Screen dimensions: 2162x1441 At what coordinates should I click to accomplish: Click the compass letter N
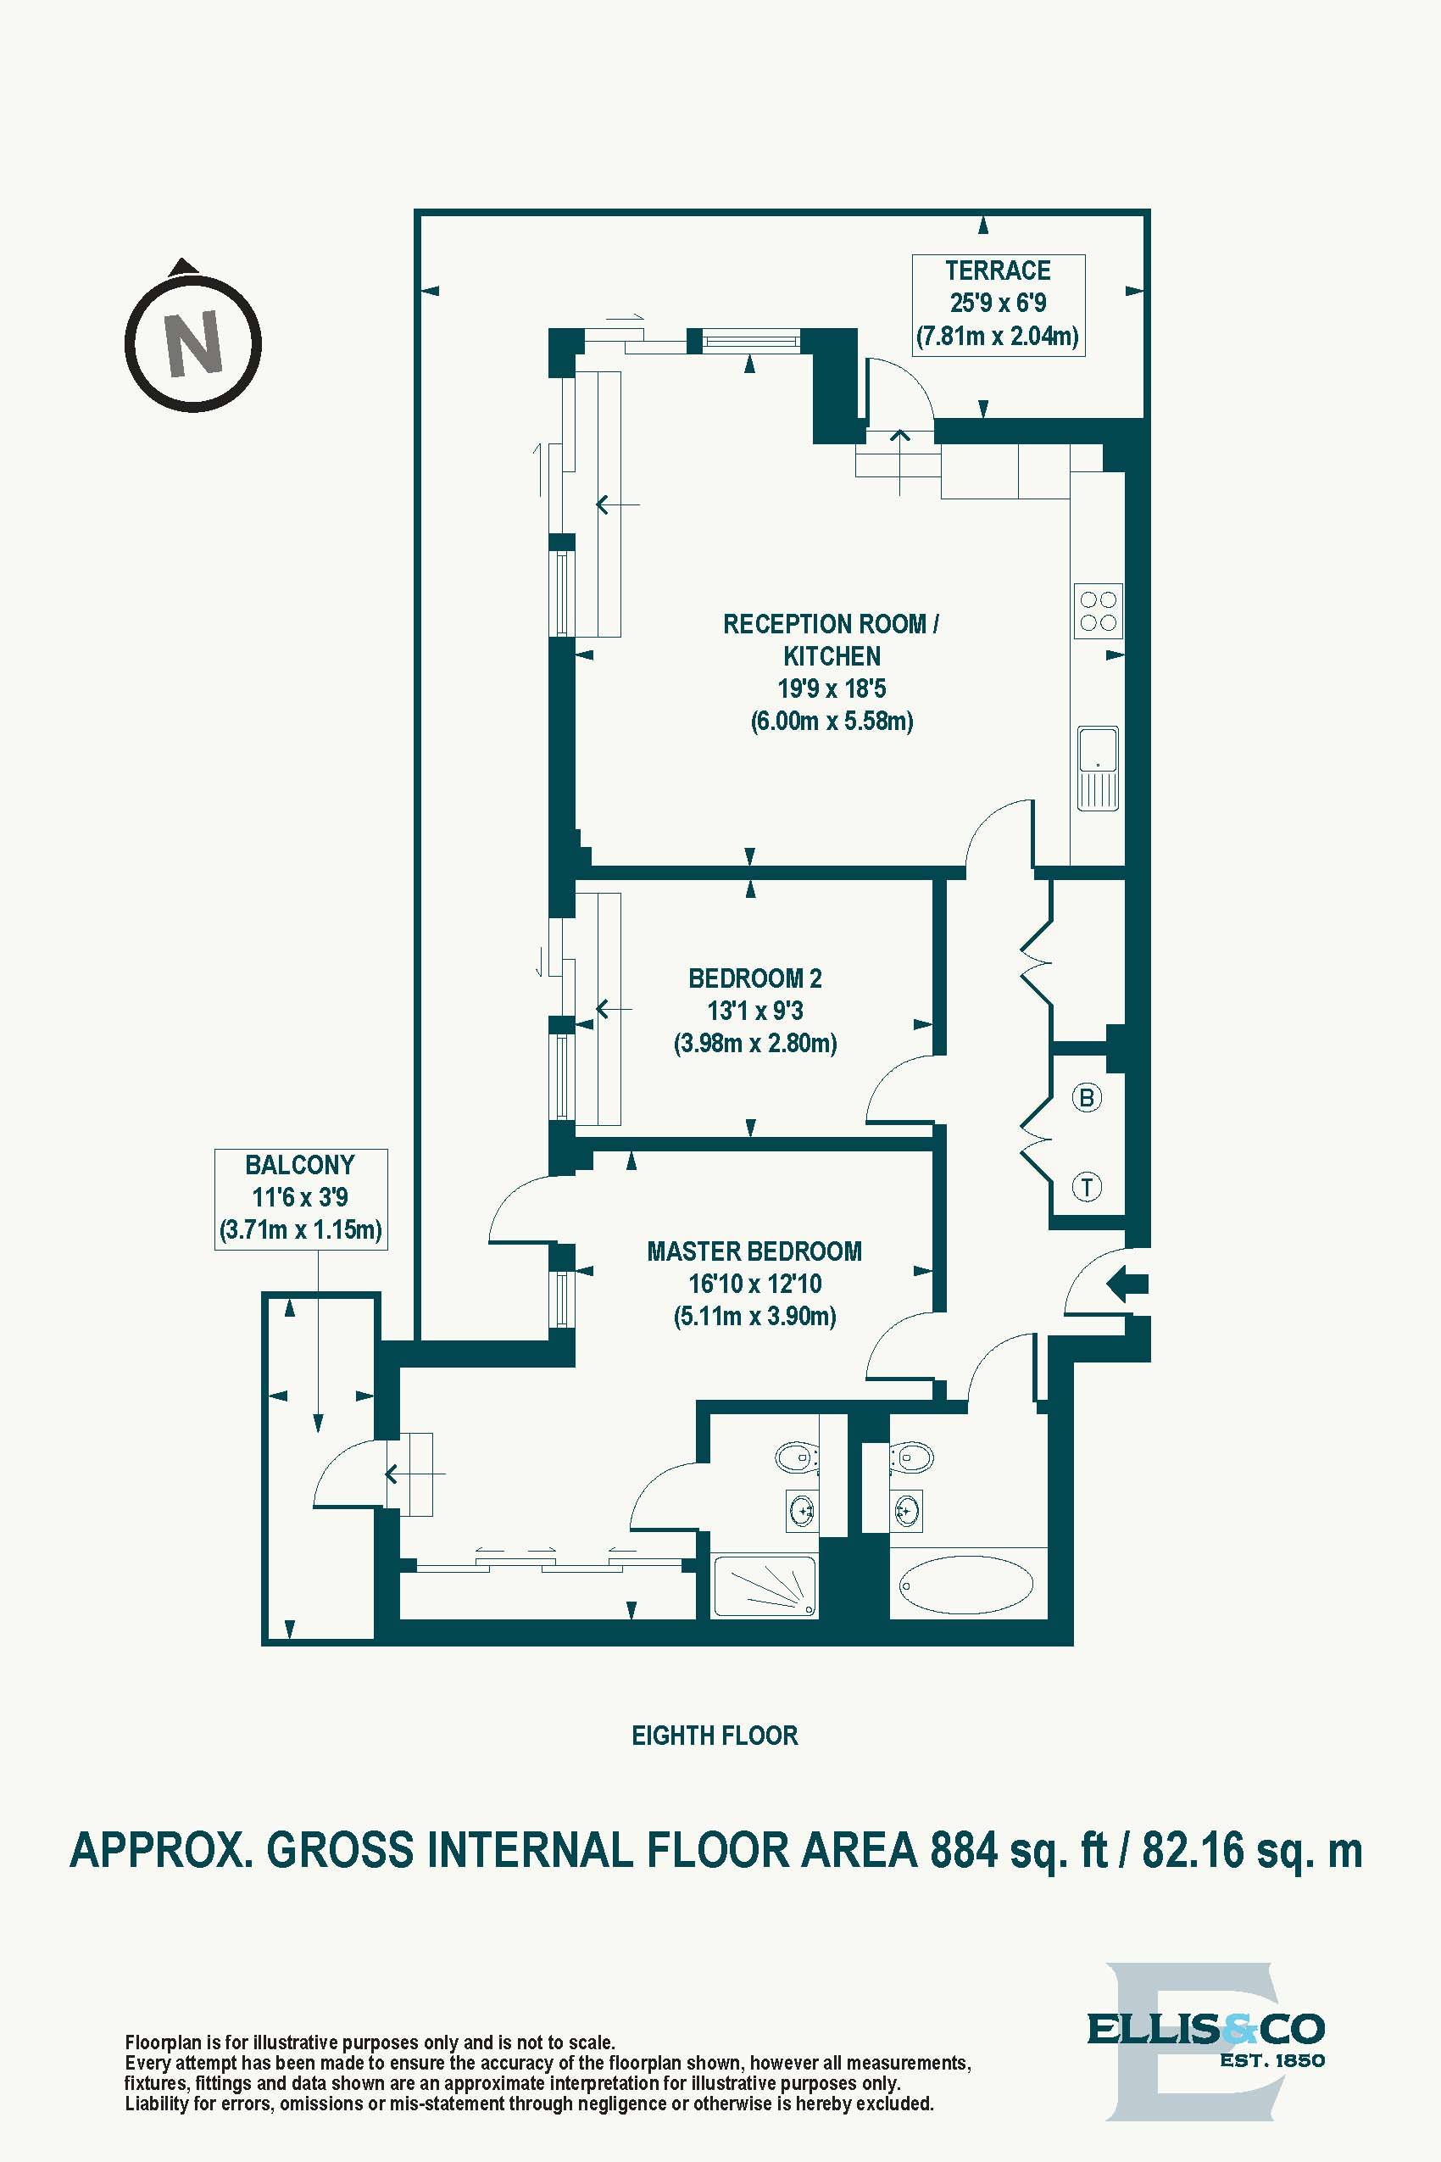coord(193,343)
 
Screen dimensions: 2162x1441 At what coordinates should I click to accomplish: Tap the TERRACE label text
coord(997,270)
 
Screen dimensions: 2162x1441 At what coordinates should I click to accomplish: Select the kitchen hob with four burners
coord(1099,610)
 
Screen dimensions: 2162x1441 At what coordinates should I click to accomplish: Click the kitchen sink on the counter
coord(1098,768)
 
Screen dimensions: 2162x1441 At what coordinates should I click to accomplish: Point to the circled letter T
coord(1088,1187)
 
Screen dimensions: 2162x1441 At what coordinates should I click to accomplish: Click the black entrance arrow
coord(1127,1284)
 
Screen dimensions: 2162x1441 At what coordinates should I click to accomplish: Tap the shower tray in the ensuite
coord(765,1586)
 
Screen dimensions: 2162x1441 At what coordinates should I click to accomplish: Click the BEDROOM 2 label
coord(754,978)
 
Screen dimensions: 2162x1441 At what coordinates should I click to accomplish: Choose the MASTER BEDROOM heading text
coord(754,1251)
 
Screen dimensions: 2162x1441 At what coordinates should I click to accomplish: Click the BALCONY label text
coord(299,1165)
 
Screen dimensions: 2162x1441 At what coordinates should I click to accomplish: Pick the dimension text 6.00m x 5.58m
coord(832,721)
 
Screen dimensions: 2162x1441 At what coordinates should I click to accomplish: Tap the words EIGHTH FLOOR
coord(714,1736)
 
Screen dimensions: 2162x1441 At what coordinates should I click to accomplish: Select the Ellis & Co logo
coord(1205,2052)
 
